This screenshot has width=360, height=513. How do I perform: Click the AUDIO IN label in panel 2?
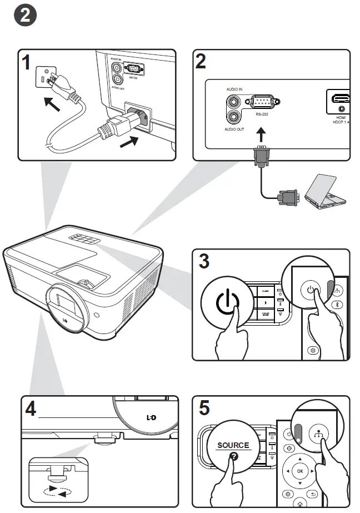[x=234, y=89]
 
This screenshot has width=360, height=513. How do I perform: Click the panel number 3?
[x=204, y=261]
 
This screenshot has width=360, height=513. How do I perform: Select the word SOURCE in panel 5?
[x=233, y=445]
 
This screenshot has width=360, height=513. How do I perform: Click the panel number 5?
[x=204, y=409]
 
